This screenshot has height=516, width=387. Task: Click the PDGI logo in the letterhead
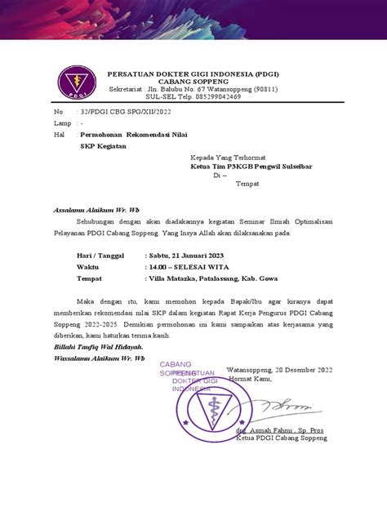click(x=71, y=80)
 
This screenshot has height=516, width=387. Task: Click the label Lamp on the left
click(x=62, y=122)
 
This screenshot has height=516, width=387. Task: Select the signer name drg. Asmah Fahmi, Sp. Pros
click(x=280, y=429)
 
